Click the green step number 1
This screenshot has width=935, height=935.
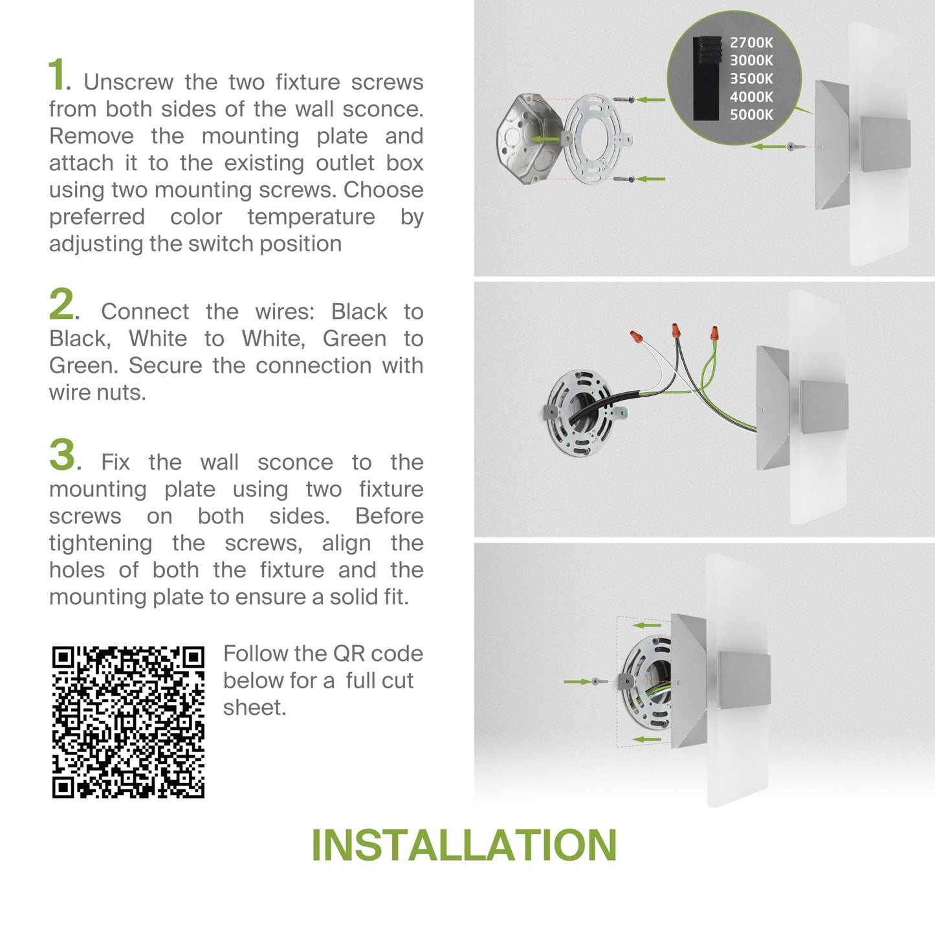click(56, 74)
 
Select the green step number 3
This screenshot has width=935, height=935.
click(62, 455)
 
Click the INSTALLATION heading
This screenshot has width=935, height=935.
click(464, 845)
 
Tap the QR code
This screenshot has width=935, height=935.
click(128, 721)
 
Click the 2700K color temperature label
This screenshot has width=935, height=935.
click(751, 43)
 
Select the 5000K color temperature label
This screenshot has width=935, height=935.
click(751, 115)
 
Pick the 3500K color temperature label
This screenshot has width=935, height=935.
click(751, 78)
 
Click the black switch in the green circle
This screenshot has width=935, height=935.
click(705, 78)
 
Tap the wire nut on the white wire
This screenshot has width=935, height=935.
click(636, 336)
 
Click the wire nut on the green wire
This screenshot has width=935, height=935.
click(714, 333)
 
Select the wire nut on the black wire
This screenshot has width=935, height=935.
click(676, 331)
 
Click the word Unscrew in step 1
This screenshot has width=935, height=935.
click(129, 82)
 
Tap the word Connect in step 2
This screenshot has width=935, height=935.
click(145, 311)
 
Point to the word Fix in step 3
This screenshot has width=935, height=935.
click(115, 462)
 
